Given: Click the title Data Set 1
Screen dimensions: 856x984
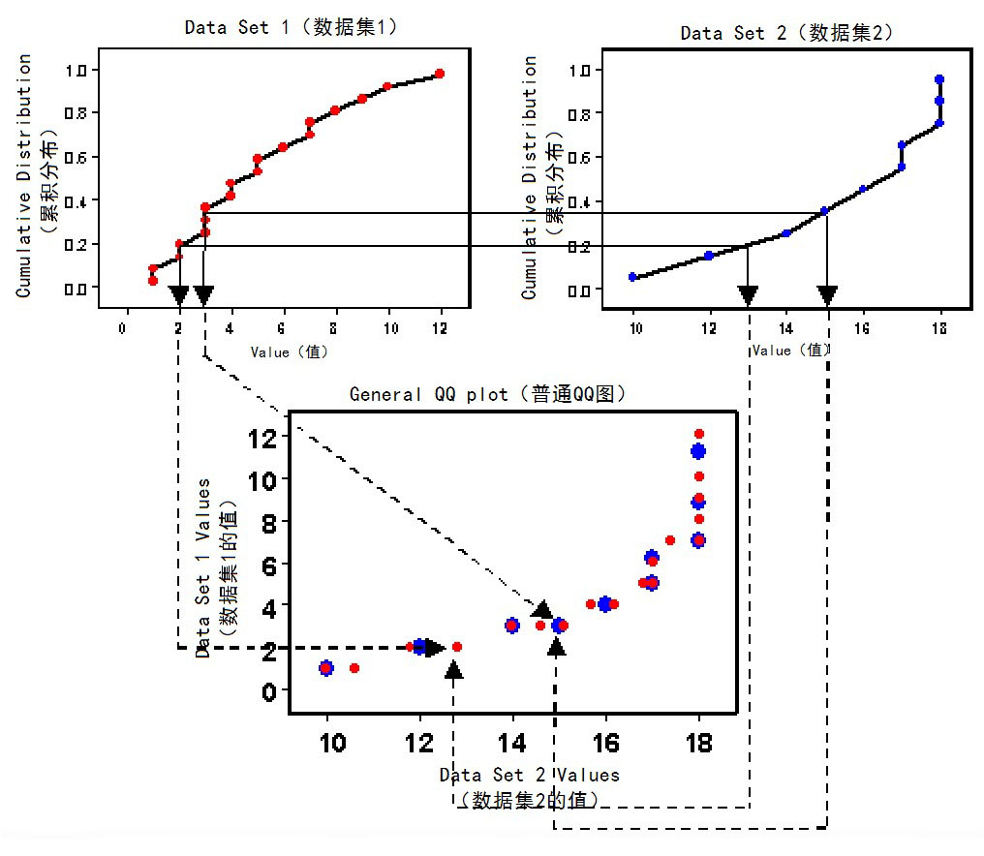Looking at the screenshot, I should coord(291,27).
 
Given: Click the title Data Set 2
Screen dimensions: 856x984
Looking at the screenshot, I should coord(786,33).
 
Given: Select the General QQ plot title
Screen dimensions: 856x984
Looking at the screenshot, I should coord(488,394).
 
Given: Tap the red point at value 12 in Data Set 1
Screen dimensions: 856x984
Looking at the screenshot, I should coord(440,74).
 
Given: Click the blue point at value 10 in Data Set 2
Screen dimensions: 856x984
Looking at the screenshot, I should coord(633,277).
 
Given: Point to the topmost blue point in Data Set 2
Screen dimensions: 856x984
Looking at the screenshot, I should coord(939,79).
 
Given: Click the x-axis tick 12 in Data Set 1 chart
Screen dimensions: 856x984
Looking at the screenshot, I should coord(440,328).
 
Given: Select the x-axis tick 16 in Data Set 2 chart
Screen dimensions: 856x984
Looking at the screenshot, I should coord(862,331).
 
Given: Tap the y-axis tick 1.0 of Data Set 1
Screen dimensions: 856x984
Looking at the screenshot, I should coord(77,70).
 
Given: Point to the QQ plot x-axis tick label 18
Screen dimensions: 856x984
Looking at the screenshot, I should coord(698,744).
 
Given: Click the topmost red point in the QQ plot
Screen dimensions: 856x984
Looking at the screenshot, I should coord(698,434).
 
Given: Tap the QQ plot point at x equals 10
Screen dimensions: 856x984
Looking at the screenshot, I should coord(327,668).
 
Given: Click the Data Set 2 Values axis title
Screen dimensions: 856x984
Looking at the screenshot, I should coord(529,775).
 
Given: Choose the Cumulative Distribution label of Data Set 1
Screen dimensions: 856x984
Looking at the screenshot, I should coord(25,174).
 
